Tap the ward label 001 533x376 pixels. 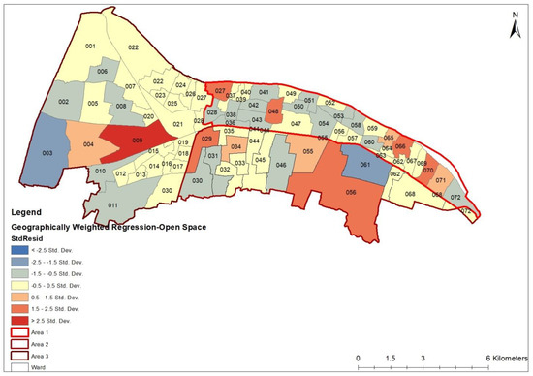[x=91, y=47]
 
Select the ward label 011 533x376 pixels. [x=113, y=205]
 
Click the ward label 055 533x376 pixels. [x=308, y=151]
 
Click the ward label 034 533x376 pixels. [x=235, y=148]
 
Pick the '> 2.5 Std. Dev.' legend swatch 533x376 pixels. [x=19, y=318]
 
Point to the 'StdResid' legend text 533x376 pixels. [x=26, y=235]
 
